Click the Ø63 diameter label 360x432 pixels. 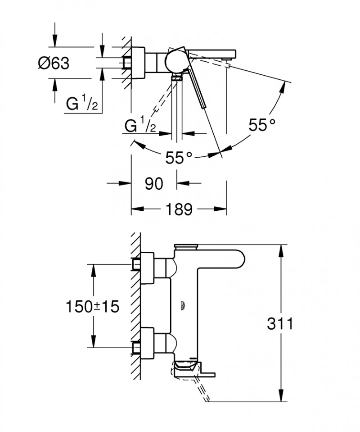click(x=53, y=64)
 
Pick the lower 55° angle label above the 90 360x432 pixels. click(x=179, y=157)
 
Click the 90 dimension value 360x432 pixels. click(x=153, y=183)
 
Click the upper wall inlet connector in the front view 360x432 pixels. click(x=136, y=264)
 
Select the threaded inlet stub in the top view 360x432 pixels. click(x=126, y=63)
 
